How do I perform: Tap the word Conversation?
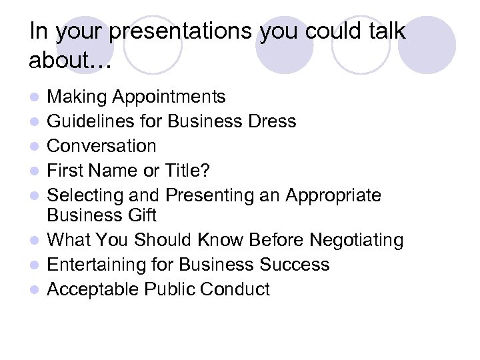[101, 145]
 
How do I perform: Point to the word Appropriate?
[333, 195]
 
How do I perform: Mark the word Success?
[293, 265]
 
